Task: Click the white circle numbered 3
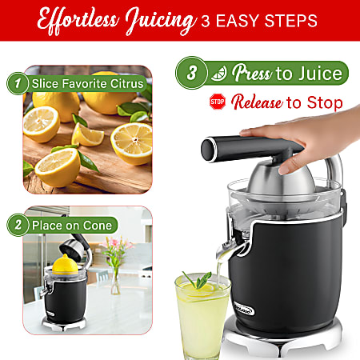(x=191, y=74)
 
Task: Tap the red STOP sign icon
(x=216, y=102)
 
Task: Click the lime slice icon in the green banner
(x=217, y=74)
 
